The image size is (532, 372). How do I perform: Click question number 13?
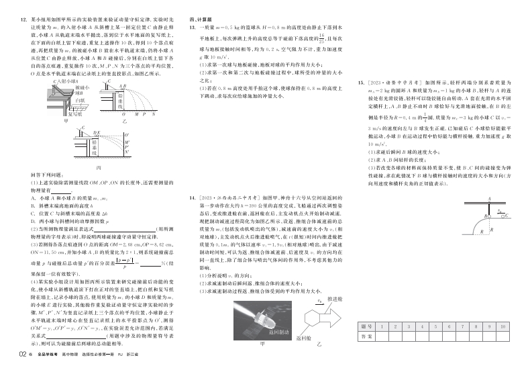[193, 28]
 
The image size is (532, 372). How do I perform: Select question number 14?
[193, 198]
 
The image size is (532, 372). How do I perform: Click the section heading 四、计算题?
[198, 21]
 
